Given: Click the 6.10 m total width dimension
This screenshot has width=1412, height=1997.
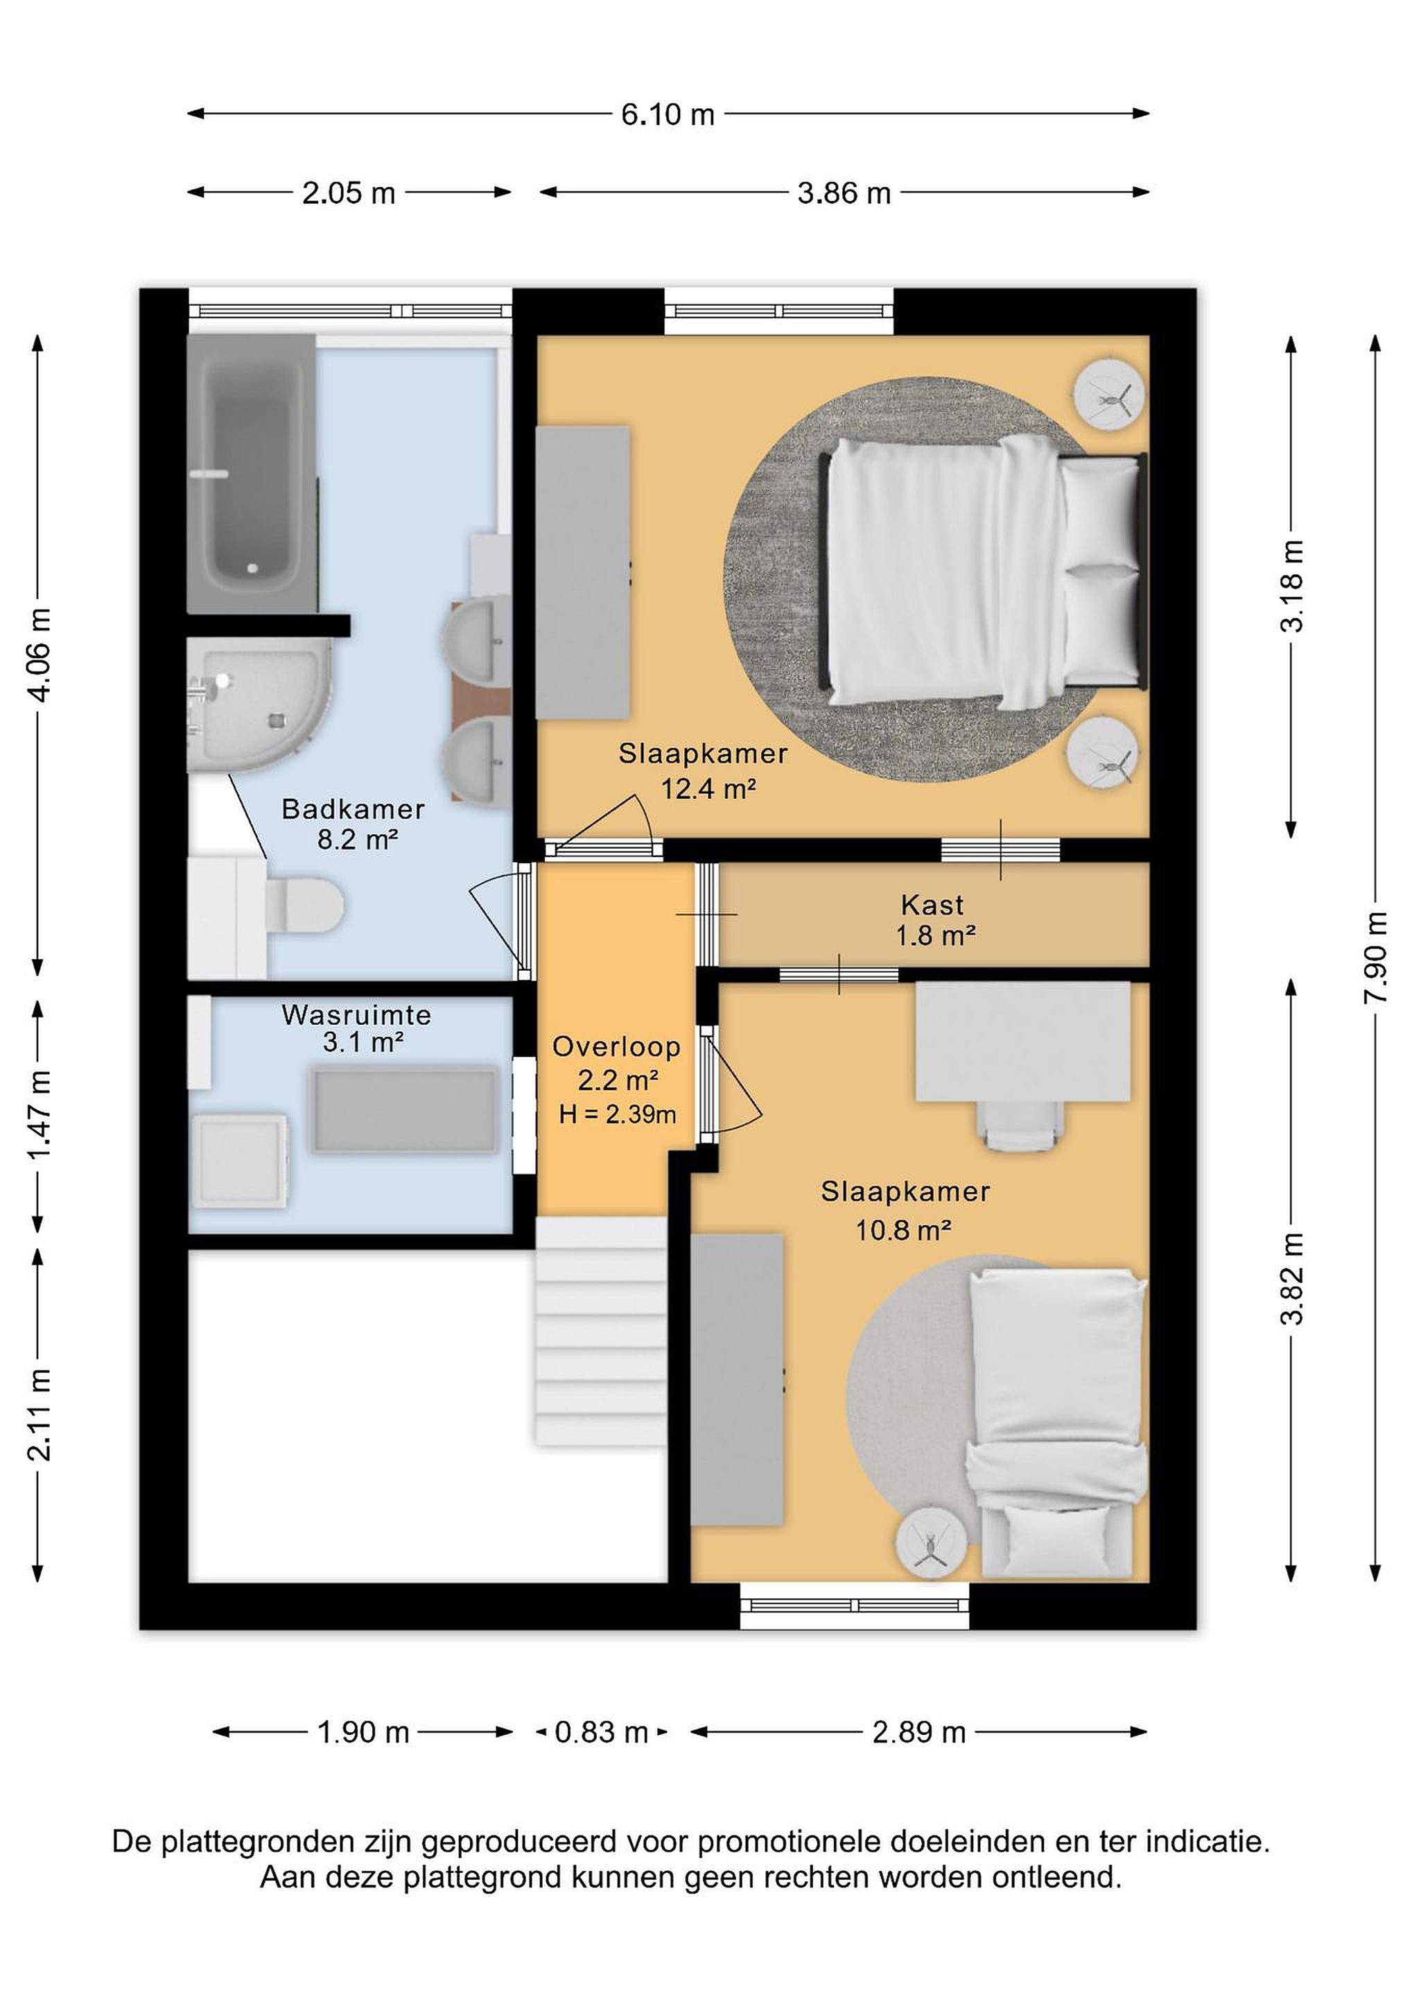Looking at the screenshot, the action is pyautogui.click(x=668, y=114).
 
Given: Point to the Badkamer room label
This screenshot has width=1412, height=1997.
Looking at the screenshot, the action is pyautogui.click(x=353, y=809).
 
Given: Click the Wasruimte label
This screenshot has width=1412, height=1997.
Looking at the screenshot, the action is pyautogui.click(x=356, y=1014).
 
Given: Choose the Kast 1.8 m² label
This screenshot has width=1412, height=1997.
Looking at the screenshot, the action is pyautogui.click(x=934, y=919).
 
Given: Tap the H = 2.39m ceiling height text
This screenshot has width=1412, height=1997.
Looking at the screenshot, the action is pyautogui.click(x=618, y=1114).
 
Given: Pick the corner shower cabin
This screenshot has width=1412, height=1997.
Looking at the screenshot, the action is pyautogui.click(x=259, y=704).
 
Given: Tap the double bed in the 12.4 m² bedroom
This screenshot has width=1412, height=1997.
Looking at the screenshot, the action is pyautogui.click(x=982, y=571).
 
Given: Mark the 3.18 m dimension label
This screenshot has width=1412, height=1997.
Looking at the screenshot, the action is pyautogui.click(x=1293, y=585).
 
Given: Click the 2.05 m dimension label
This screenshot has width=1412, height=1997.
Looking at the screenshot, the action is pyautogui.click(x=349, y=192).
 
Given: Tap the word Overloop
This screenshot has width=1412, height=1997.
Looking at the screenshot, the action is pyautogui.click(x=616, y=1046).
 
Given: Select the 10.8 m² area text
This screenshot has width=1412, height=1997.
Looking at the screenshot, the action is pyautogui.click(x=903, y=1230).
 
